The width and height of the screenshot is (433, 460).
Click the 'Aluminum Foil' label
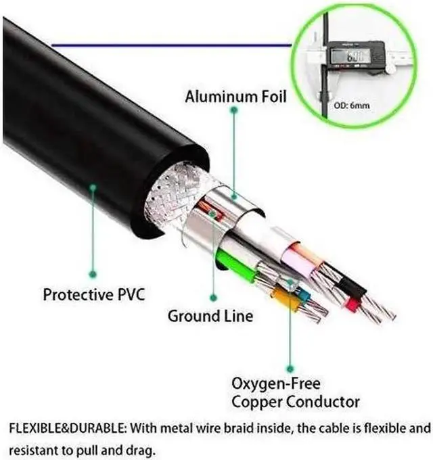235,97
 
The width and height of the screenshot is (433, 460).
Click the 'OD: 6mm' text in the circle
351,106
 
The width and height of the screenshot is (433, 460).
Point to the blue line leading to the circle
169,45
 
